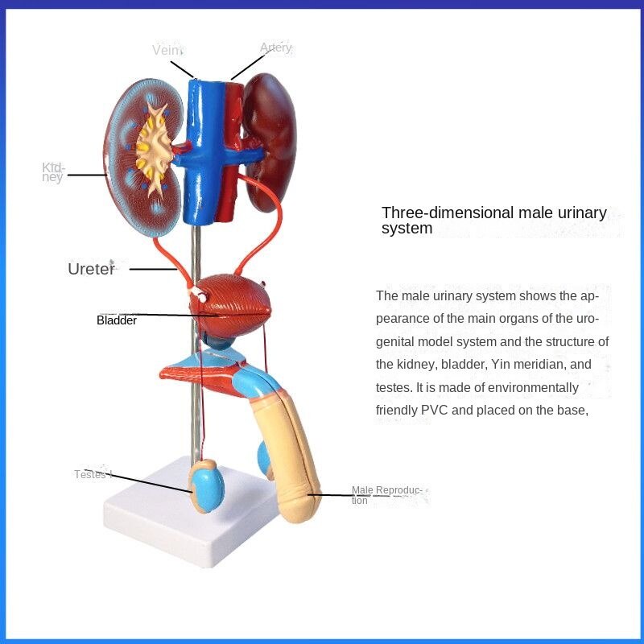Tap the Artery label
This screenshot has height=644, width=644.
[275, 48]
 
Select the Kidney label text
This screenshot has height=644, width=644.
[52, 172]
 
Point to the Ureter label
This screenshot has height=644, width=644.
[91, 269]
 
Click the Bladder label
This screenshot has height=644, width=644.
[117, 320]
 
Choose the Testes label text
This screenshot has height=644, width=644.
[92, 474]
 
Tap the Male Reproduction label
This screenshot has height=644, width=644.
[386, 495]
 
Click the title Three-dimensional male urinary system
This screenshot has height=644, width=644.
[493, 221]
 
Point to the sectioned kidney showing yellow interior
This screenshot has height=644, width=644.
[145, 153]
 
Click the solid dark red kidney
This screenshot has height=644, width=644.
[270, 137]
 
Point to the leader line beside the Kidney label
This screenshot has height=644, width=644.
[86, 174]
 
